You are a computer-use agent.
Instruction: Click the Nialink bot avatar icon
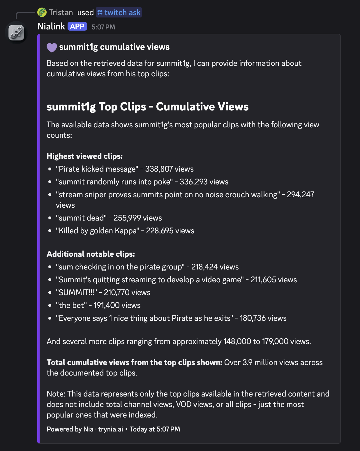[17, 33]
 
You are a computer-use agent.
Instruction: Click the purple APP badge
[77, 27]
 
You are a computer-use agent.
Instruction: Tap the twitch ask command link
[119, 13]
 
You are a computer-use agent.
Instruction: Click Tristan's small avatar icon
[42, 12]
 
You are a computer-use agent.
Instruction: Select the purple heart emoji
[52, 47]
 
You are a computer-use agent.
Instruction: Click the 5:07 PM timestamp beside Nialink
[103, 27]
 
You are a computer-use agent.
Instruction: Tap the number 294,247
[300, 195]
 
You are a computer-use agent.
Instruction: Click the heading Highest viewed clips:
[84, 156]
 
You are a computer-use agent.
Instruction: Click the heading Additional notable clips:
[91, 254]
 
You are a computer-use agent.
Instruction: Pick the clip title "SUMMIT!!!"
[76, 293]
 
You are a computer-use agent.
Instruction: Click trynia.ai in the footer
[111, 429]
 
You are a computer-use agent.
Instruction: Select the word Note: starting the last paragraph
[56, 394]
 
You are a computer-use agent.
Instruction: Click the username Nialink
[51, 27]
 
